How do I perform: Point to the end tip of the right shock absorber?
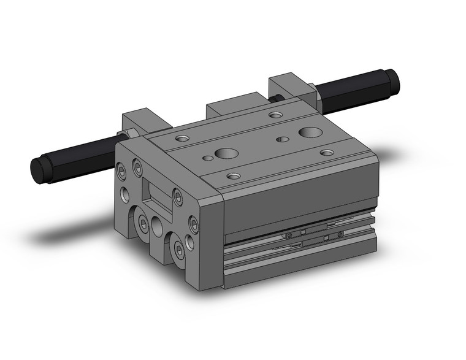(393, 79)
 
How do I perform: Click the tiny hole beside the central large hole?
(209, 158)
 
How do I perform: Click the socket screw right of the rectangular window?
(178, 197)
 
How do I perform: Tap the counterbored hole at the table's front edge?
(233, 176)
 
